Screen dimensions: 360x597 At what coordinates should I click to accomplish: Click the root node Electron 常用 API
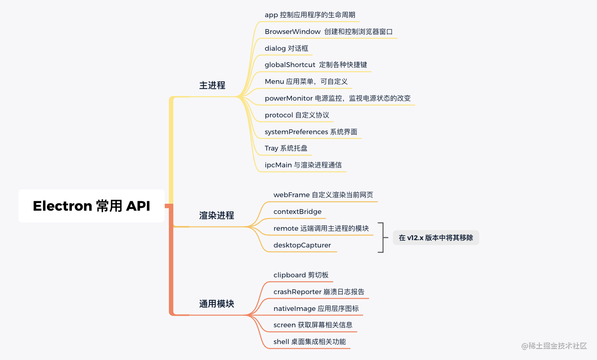coord(92,206)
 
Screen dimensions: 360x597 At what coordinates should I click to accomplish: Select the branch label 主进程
coord(212,85)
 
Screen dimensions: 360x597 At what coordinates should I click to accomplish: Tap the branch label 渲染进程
coord(216,216)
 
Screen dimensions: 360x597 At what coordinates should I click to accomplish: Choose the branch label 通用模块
coord(216,304)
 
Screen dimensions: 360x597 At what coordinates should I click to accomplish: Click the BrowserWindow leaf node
coord(328,32)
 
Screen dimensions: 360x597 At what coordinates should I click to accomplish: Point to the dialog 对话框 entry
coord(286,48)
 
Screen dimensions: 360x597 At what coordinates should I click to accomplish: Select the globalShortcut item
coord(316,65)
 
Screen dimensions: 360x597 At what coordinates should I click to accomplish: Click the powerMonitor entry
coord(337,98)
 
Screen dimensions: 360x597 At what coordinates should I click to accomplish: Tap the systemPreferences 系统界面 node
coord(311,132)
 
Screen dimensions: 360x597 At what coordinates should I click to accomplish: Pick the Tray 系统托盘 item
coord(286,148)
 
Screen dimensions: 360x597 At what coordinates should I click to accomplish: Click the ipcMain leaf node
coord(303,165)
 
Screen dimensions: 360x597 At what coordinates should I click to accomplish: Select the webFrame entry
coord(323,195)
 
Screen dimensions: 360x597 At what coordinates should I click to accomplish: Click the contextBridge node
coord(297,211)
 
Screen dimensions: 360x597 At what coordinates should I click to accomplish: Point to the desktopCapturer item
coord(302,245)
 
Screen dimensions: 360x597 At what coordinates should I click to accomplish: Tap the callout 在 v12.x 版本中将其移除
coord(436,238)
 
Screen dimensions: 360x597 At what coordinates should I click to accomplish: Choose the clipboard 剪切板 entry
coord(301,275)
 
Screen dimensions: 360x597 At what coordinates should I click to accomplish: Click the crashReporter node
coord(319,292)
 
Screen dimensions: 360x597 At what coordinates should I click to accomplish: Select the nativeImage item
coord(316,308)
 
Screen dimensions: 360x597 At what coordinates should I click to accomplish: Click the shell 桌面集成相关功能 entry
coord(310,342)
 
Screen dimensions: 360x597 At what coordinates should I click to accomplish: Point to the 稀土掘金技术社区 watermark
coord(554,346)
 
